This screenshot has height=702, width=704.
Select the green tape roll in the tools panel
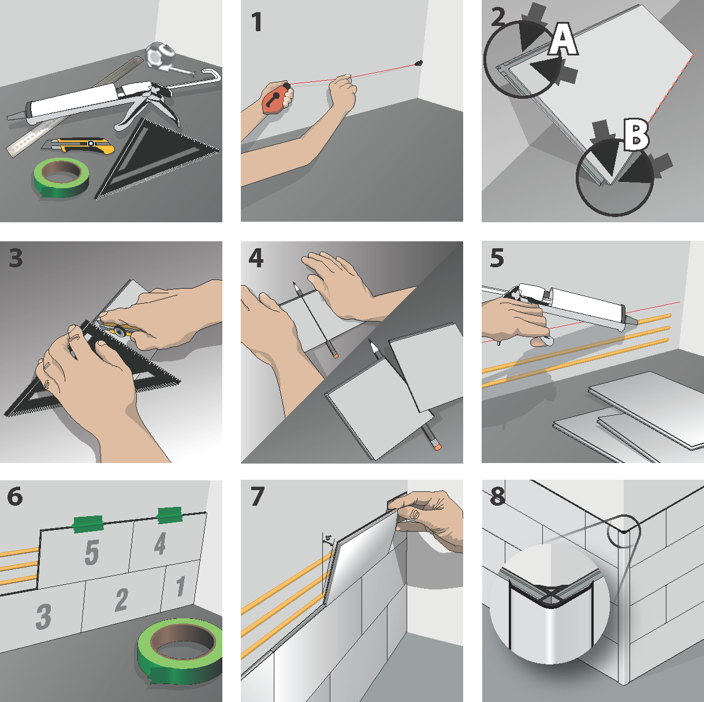[x=61, y=177]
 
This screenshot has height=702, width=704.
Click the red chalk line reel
[x=275, y=98]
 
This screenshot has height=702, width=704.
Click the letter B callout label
[x=636, y=136]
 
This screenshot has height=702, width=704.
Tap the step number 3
[x=16, y=258]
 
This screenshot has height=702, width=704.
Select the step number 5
[x=496, y=258]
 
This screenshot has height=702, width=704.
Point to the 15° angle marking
[x=328, y=539]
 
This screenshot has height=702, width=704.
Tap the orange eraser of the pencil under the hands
[x=335, y=354]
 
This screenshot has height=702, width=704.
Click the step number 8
[x=497, y=496]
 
